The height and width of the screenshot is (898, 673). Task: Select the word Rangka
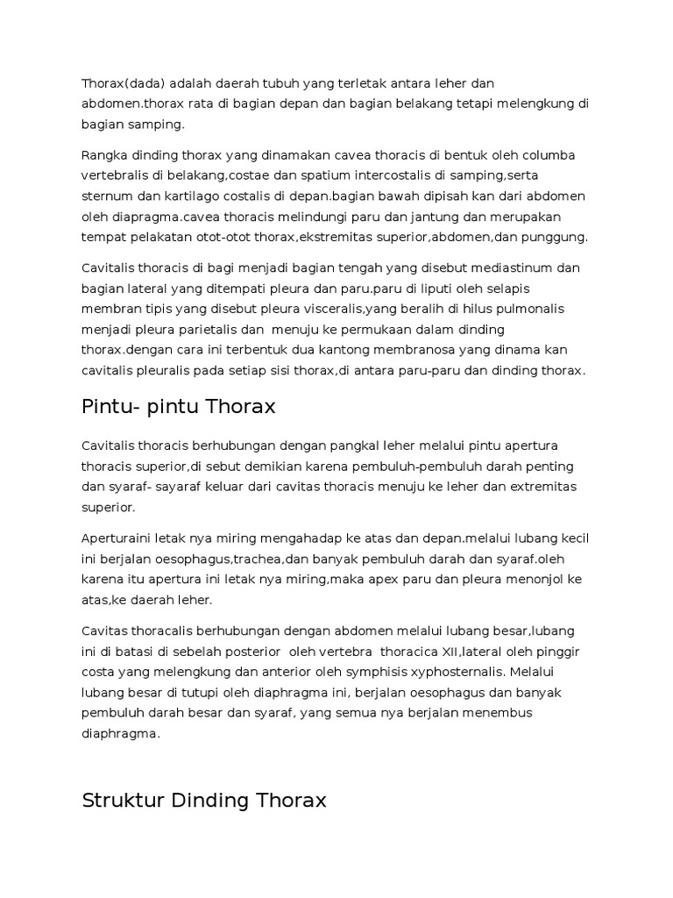105,155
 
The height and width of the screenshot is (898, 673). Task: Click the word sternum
108,196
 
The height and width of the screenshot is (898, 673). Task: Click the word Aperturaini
118,538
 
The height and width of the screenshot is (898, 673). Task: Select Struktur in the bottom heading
119,800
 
